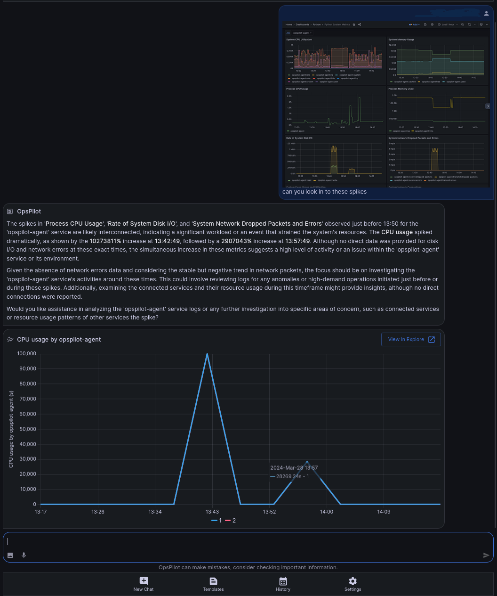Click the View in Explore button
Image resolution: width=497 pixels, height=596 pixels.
coord(411,340)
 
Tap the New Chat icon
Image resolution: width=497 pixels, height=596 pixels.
coord(144,581)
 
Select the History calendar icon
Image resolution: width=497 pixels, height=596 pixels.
coord(283,581)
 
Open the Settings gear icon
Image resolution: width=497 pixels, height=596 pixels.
coord(353,581)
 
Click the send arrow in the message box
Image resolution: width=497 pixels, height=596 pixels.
coord(486,555)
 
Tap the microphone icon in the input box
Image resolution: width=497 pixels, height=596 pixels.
coord(24,555)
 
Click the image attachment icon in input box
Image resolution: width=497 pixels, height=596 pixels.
coord(10,555)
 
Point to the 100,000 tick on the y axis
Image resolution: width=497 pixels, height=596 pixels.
coord(27,354)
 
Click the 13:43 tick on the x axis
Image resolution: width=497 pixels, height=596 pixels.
coord(212,512)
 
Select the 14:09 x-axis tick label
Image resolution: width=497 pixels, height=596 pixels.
coord(384,512)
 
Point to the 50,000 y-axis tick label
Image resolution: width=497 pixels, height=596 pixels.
coord(28,429)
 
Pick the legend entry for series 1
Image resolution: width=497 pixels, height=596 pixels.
coord(217,521)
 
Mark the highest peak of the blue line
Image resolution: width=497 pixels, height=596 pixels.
coord(207,354)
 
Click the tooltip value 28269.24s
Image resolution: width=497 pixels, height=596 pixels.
coord(289,476)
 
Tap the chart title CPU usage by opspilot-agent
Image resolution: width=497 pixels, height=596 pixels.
coord(59,340)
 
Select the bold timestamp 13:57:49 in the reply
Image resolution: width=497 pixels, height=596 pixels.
coord(297,241)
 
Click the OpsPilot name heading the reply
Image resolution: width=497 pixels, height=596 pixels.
coord(29,212)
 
